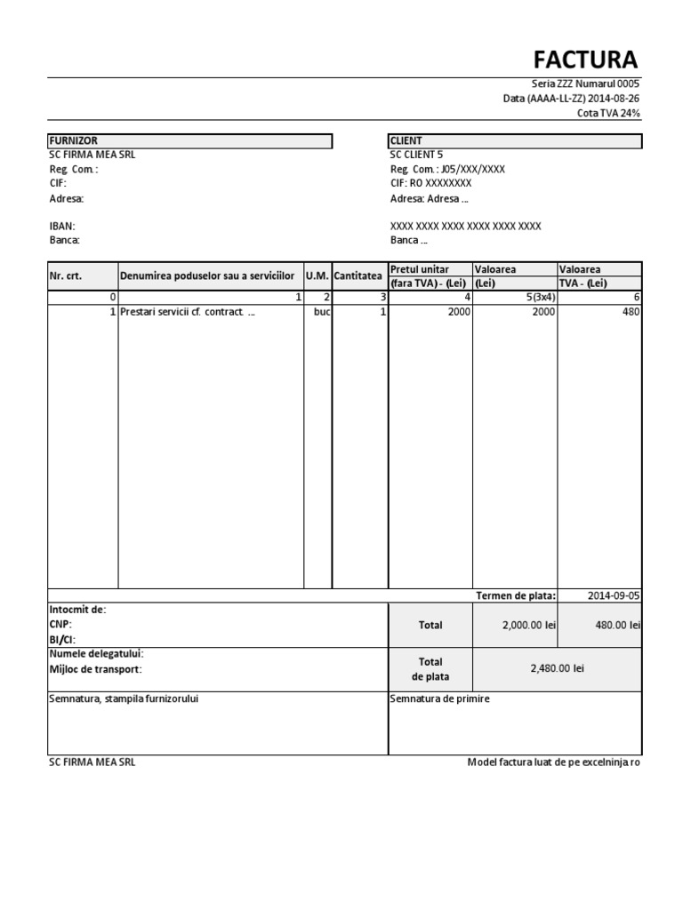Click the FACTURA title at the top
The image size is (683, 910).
(x=585, y=60)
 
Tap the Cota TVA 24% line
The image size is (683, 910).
(x=608, y=113)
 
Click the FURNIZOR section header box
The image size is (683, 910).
(x=189, y=140)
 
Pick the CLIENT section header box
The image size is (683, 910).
(x=515, y=140)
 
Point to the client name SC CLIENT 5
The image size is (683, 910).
(x=416, y=155)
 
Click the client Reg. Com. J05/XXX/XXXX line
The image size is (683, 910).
(x=447, y=169)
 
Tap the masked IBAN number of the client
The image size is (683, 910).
(x=465, y=226)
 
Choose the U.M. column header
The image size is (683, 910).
(x=317, y=275)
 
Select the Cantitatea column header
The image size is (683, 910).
(x=359, y=275)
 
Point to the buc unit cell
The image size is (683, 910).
(x=322, y=312)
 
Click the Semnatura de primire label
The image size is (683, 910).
(x=439, y=698)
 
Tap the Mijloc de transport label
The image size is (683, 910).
(x=95, y=669)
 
